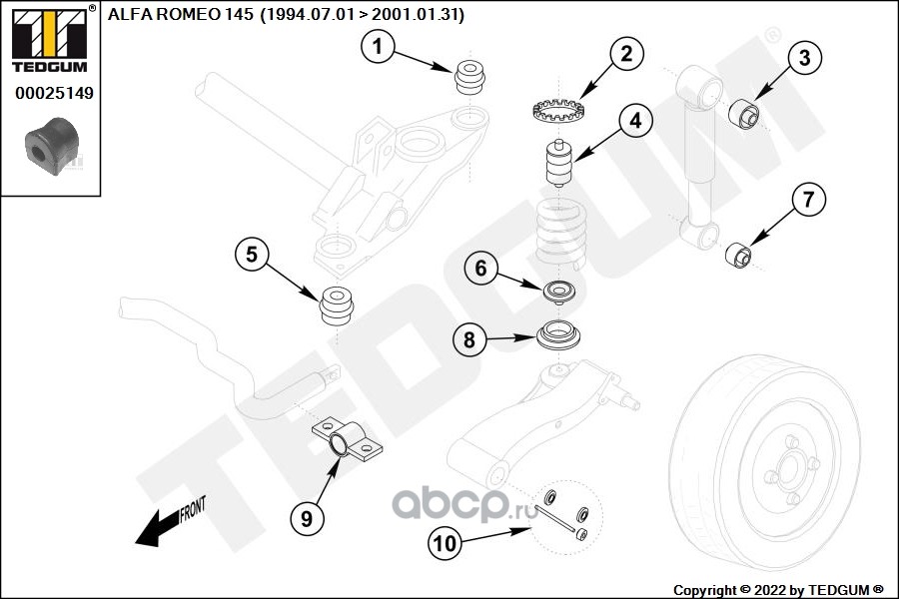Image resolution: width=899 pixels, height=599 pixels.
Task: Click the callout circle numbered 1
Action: pos(378,47)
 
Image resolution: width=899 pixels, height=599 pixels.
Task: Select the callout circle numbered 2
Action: pos(626,54)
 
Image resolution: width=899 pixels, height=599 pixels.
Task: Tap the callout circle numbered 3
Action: pos(804,57)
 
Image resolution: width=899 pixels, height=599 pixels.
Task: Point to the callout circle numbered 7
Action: pos(808,200)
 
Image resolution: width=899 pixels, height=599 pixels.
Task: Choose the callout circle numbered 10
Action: pos(445,543)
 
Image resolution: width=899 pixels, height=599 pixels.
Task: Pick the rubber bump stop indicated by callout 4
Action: pos(558,164)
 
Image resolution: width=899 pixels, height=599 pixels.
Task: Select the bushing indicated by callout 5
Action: pos(338,305)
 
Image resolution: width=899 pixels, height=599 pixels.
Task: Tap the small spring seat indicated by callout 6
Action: pos(559,292)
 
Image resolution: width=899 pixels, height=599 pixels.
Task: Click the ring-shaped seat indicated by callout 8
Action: pos(559,335)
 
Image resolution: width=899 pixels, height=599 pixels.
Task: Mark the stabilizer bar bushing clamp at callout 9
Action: pos(348,441)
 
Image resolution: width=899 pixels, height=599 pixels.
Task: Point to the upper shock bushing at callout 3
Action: pos(743,114)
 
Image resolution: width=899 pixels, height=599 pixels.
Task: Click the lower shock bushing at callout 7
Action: pos(738,256)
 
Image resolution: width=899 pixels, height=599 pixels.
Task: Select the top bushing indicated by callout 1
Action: pos(470,78)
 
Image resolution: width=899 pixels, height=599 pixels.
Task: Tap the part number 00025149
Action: pos(54,93)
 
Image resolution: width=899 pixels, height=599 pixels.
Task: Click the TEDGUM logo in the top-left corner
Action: pos(50,39)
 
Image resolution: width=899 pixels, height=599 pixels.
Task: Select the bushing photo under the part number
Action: pos(52,146)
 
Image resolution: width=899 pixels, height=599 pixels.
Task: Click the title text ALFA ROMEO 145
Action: pos(180,14)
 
